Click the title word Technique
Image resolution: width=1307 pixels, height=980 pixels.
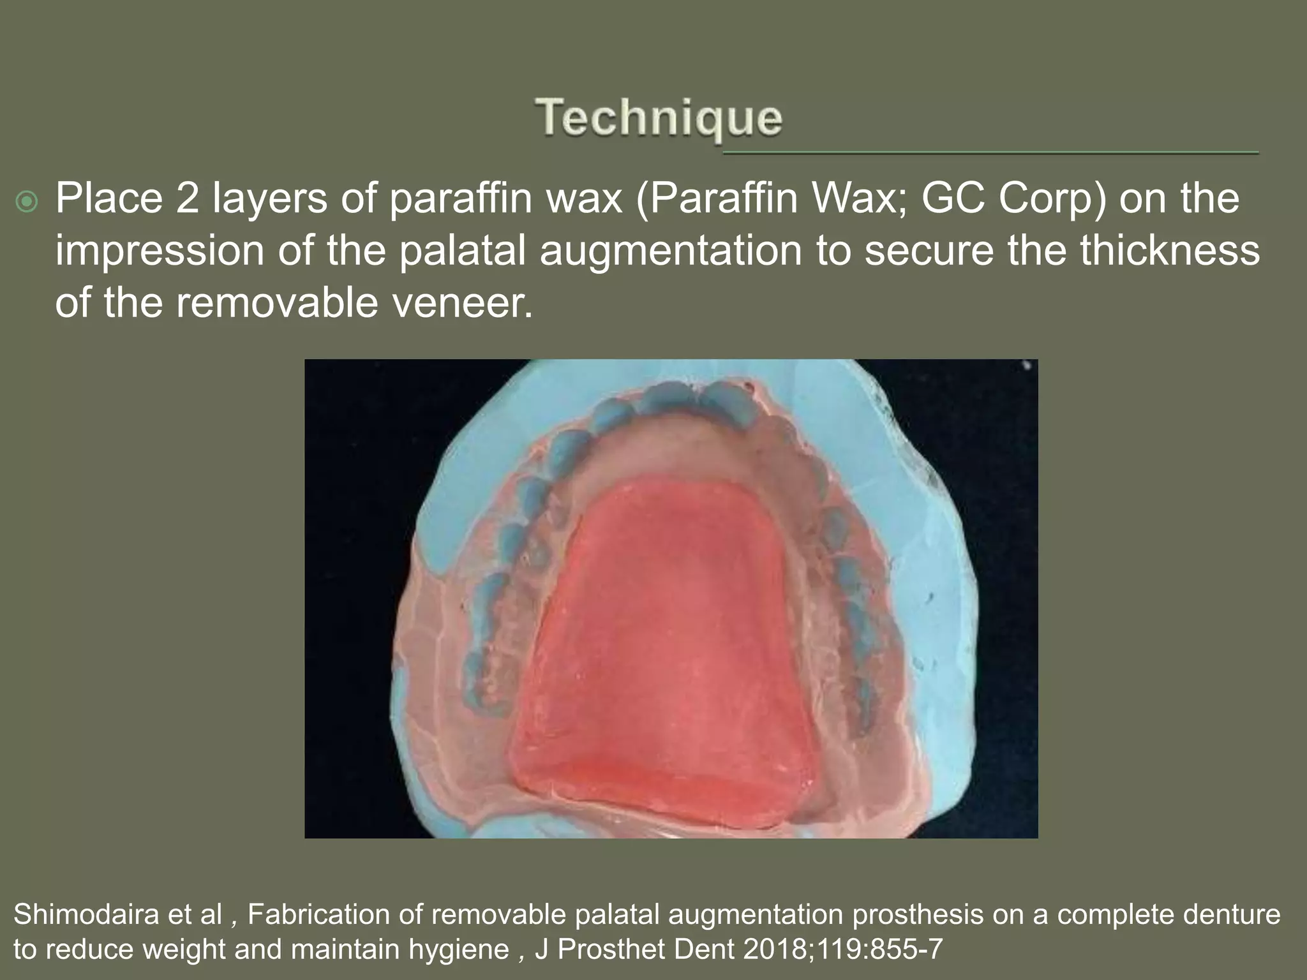coord(659,119)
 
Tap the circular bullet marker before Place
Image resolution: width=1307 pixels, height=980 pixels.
coord(27,202)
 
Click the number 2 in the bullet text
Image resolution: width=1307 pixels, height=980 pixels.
coord(188,198)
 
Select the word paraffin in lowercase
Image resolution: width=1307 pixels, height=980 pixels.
coord(460,198)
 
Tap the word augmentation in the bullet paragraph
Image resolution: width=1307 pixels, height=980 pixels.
coord(670,251)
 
